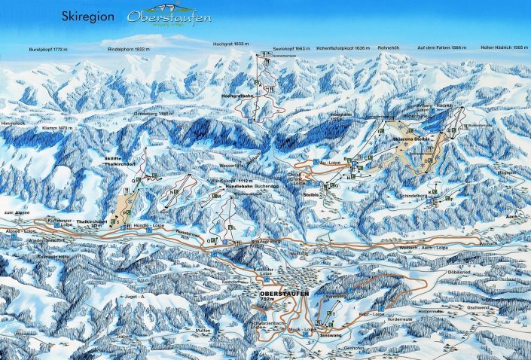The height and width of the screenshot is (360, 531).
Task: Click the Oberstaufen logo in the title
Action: (x=169, y=17)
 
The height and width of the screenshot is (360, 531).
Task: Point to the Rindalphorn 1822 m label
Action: (x=129, y=48)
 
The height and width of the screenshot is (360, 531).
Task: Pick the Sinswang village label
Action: (x=331, y=329)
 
